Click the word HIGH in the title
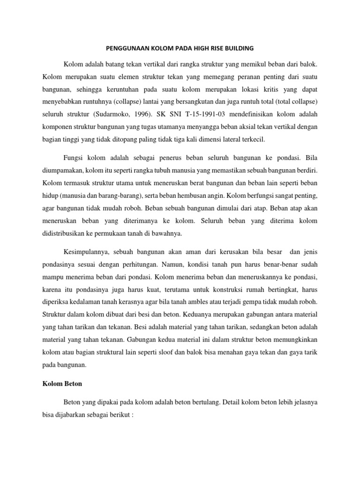pos(198,48)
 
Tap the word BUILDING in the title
pos(237,48)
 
